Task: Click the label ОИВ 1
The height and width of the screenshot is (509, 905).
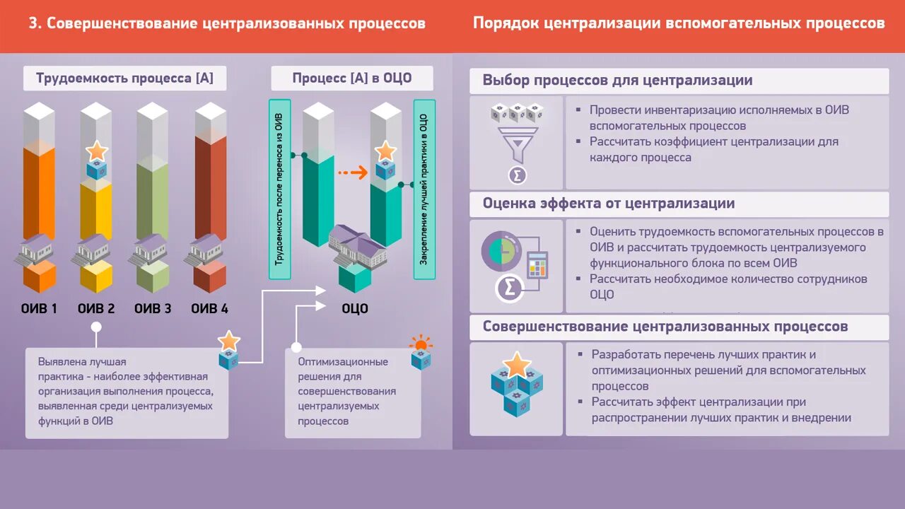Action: (x=39, y=309)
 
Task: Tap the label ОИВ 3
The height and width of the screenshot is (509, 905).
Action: (x=153, y=309)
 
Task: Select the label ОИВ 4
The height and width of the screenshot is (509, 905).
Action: (x=209, y=309)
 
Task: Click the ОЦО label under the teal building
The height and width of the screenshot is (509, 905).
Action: (x=355, y=309)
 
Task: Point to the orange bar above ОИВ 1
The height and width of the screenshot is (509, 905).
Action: (x=39, y=191)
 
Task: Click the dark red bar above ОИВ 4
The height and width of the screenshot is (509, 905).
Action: (x=210, y=184)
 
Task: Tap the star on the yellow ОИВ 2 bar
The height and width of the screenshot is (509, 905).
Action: (x=96, y=151)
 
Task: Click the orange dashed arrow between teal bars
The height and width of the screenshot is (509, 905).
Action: (x=351, y=172)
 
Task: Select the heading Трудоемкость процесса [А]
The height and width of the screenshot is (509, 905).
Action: (x=124, y=78)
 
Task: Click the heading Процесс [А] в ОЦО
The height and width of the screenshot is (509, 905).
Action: (x=352, y=78)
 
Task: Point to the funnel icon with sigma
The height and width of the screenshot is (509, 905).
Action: (x=518, y=141)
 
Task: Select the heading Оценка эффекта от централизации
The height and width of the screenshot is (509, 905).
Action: (x=609, y=204)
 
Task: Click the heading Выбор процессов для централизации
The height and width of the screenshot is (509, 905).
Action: (x=617, y=80)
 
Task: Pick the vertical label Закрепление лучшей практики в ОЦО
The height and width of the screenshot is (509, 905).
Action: (x=424, y=189)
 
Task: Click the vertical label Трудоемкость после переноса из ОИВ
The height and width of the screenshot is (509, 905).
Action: (x=279, y=189)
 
